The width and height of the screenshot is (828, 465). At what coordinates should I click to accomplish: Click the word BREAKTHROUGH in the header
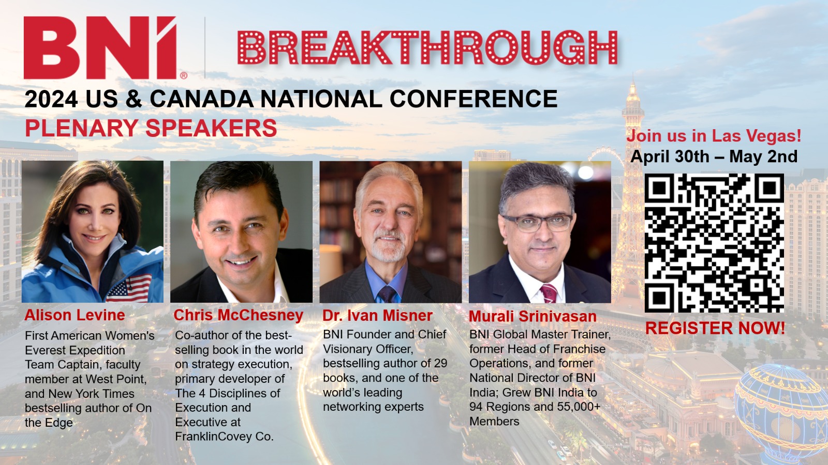[x=427, y=47]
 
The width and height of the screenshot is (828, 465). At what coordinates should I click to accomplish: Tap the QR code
[x=714, y=243]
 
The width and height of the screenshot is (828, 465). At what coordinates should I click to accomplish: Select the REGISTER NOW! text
[x=715, y=328]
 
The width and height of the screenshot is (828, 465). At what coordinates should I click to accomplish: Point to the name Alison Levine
[x=75, y=315]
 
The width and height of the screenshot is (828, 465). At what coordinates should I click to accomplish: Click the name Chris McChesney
[x=239, y=315]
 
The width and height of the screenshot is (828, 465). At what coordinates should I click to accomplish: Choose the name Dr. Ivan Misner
[x=377, y=316]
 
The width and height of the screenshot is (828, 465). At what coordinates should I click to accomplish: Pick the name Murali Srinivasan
[x=533, y=316]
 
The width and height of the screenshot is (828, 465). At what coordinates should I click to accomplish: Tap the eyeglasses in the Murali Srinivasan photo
[x=538, y=223]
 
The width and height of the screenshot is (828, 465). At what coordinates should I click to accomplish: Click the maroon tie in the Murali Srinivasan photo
[x=548, y=293]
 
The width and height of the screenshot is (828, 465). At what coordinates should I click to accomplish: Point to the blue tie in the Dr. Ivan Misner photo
[x=387, y=294]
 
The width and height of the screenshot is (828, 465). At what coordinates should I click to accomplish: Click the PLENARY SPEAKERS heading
[x=151, y=128]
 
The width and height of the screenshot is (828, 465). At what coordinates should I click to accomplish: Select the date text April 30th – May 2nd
[x=714, y=157]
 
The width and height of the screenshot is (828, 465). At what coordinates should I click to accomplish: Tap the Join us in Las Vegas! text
[x=714, y=136]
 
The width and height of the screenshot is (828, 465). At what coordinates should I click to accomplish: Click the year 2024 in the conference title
[x=51, y=99]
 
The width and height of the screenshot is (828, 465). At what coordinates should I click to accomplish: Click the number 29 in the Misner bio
[x=440, y=363]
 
